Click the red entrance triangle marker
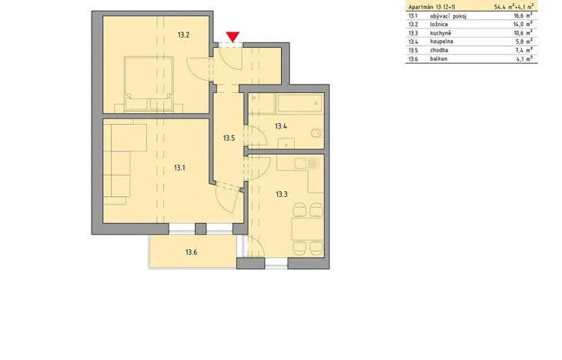coord(232,36)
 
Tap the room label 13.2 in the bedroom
coord(183,35)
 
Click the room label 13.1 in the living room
coord(179,167)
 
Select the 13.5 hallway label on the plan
coord(229,138)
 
